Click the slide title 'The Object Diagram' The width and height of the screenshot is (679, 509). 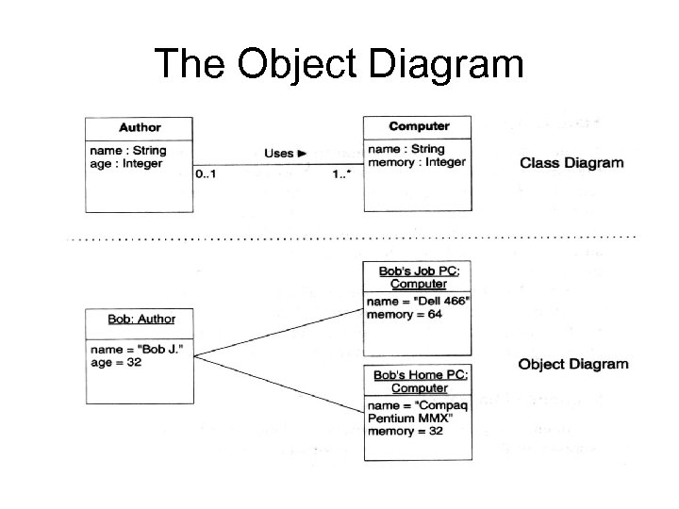339,64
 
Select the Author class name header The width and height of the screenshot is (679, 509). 140,127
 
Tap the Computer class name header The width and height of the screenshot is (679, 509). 419,126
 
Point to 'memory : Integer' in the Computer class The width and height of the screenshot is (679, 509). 417,161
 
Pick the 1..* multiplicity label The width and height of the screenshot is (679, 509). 341,173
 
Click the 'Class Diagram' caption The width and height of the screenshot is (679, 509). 571,162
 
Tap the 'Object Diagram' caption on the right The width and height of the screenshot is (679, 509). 573,364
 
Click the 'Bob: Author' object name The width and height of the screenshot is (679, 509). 141,320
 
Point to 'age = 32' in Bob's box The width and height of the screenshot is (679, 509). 117,362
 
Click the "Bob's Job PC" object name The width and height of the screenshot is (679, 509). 418,271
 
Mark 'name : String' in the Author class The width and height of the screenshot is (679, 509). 127,150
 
